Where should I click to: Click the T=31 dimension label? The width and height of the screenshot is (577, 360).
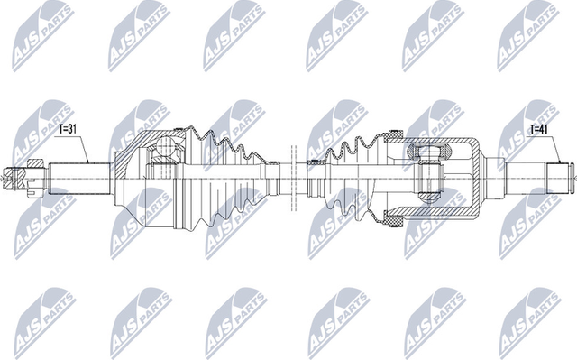pyautogui.click(x=68, y=130)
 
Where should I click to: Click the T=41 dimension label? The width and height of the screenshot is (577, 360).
pyautogui.click(x=538, y=129)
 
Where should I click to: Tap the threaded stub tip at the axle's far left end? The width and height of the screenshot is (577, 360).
pyautogui.click(x=11, y=179)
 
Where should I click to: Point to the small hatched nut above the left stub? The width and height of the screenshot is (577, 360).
pyautogui.click(x=35, y=163)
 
